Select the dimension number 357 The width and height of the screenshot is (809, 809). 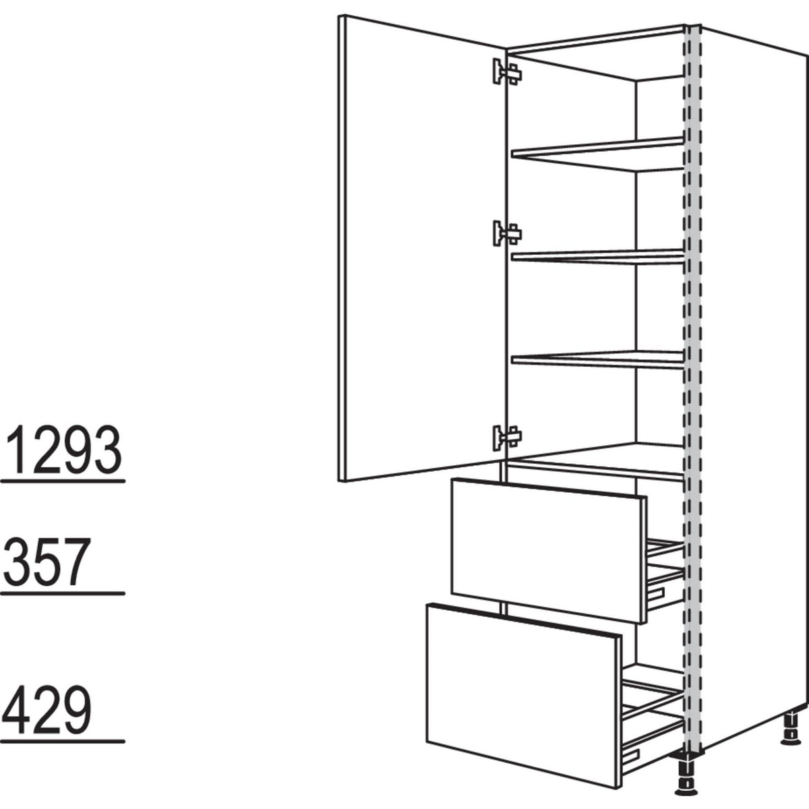47,562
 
